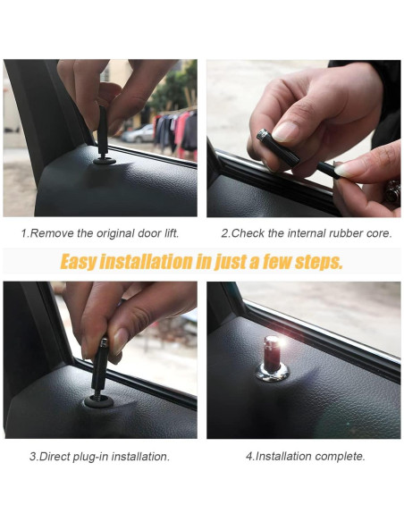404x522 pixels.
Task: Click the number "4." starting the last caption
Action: point(249,456)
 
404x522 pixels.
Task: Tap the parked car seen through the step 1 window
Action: point(139,134)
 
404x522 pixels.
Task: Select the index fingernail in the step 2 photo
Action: point(284,131)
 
